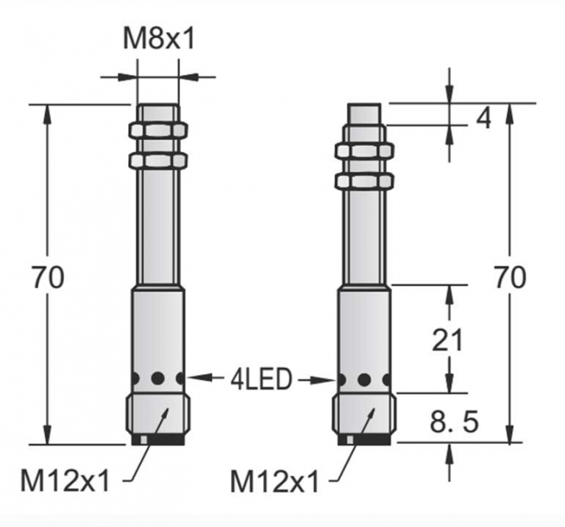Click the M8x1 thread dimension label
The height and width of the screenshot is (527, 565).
158,39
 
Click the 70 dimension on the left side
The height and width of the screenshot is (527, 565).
47,278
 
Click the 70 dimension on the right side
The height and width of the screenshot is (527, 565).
508,277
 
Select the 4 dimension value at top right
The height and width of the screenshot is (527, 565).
483,118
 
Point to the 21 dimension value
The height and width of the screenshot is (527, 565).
449,339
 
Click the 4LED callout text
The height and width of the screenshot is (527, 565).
261,380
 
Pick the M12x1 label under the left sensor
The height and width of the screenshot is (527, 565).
65,480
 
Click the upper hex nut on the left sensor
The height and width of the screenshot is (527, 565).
158,131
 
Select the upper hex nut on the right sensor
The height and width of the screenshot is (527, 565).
364,151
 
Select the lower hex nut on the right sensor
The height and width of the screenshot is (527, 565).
364,180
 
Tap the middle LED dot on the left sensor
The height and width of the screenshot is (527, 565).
158,378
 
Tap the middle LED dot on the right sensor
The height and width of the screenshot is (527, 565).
364,380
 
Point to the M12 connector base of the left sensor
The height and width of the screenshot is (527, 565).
158,416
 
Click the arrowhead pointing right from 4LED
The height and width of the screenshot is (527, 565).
327,380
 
